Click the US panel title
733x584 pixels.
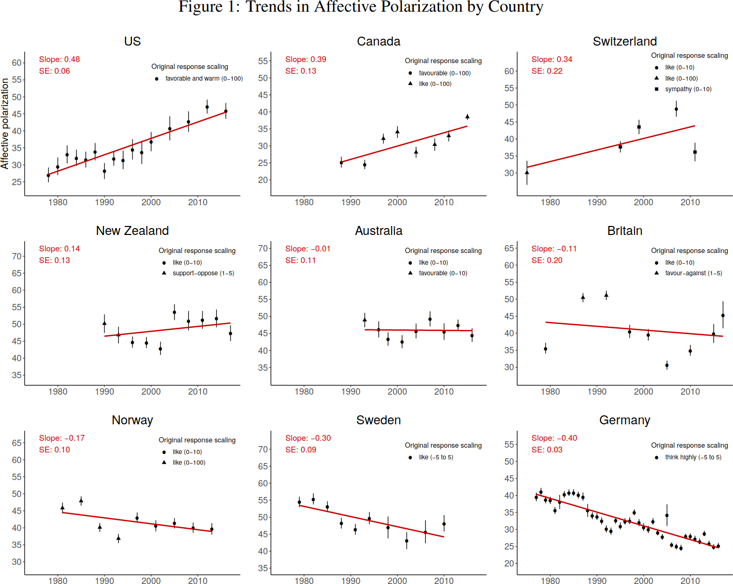132,41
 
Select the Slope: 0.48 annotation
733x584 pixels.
59,59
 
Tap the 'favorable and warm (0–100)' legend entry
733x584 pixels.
204,79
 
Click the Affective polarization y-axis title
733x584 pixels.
5,124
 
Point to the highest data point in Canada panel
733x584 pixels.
467,117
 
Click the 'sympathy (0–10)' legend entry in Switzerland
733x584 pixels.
688,89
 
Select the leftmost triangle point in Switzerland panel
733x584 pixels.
527,172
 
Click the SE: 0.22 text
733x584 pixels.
547,71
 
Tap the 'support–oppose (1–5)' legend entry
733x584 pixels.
203,273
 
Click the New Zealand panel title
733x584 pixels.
132,231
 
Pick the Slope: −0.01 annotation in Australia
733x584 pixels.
307,249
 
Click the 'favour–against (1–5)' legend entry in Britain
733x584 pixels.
693,273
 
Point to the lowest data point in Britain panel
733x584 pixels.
667,365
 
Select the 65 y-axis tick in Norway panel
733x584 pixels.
17,443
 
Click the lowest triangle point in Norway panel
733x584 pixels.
118,538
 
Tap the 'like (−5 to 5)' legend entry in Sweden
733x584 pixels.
436,457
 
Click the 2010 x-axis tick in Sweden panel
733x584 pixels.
444,581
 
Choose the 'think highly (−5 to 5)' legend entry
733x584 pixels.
693,457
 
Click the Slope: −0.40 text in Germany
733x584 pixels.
554,438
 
